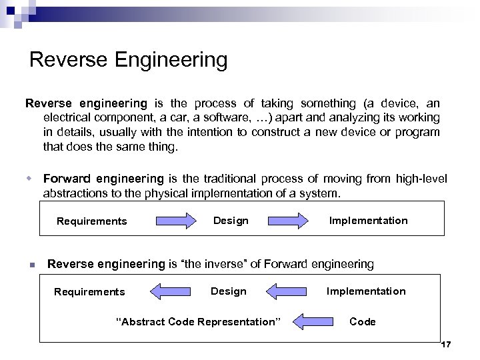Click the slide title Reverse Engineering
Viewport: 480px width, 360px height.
(129, 60)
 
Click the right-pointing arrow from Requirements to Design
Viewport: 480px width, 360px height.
(175, 221)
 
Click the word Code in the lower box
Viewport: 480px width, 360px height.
(363, 322)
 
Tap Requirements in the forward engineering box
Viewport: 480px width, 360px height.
(91, 221)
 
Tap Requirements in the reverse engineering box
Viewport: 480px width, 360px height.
(89, 292)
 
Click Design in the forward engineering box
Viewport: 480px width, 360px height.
(231, 221)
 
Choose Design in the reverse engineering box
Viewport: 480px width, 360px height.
(229, 291)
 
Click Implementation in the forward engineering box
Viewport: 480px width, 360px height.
(368, 221)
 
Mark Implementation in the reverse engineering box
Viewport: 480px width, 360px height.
(366, 291)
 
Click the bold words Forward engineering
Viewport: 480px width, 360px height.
(103, 179)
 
